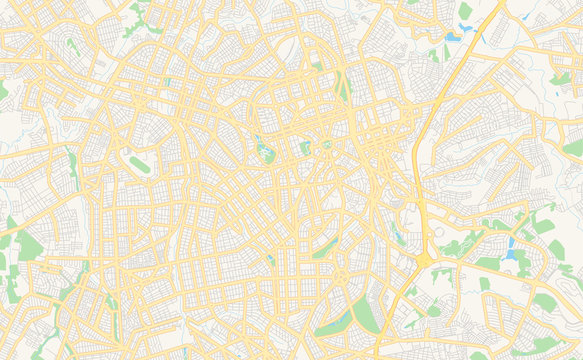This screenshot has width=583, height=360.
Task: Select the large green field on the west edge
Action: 30,246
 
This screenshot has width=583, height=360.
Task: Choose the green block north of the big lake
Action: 465,11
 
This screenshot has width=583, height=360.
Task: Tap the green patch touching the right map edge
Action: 573,147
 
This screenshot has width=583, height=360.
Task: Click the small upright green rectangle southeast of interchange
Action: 484,284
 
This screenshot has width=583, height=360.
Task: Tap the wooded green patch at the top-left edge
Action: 138,12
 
